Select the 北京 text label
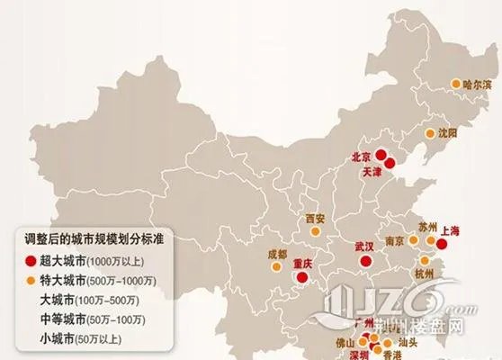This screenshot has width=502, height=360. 363,155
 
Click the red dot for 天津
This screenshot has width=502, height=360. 390,163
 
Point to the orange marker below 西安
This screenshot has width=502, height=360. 315,232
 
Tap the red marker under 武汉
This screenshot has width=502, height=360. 364,261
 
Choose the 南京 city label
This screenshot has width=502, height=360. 394,242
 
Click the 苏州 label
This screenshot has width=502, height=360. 427,226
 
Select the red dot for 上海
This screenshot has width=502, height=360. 441,242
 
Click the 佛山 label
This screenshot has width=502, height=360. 336,343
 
